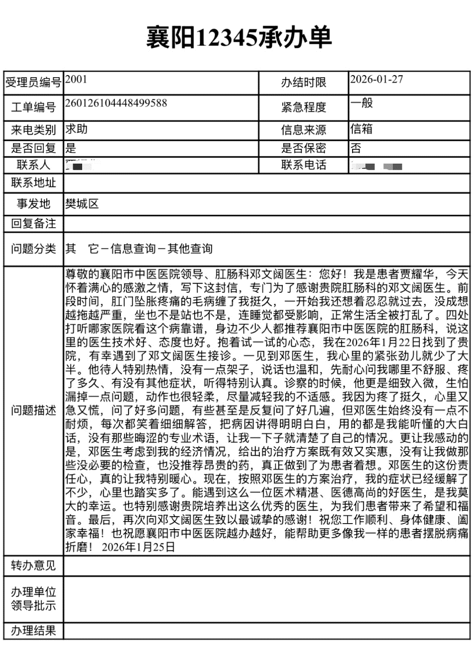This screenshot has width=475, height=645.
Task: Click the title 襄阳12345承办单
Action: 238,37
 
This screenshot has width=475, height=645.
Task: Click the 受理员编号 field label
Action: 33,83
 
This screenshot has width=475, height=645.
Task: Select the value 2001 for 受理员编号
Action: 76,79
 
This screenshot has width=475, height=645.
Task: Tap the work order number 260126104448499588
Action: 116,103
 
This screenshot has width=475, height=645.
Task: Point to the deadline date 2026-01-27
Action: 376,79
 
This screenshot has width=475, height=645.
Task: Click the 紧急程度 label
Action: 303,107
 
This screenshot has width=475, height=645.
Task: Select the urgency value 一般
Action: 361,103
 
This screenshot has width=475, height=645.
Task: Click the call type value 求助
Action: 77,129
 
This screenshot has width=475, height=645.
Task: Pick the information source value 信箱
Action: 361,129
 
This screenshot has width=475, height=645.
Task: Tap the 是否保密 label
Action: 303,148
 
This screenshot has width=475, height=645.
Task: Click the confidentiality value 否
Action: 356,148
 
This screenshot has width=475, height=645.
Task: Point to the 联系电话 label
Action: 303,165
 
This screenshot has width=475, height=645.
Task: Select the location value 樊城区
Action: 82,203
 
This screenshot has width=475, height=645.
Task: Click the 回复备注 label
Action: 33,223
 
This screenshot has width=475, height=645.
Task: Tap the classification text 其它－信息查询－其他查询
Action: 139,248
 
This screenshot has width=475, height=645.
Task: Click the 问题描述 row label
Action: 33,411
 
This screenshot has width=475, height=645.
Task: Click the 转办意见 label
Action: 33,565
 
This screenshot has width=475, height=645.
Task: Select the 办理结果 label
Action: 33,631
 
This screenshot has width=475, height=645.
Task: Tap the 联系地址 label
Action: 33,183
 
